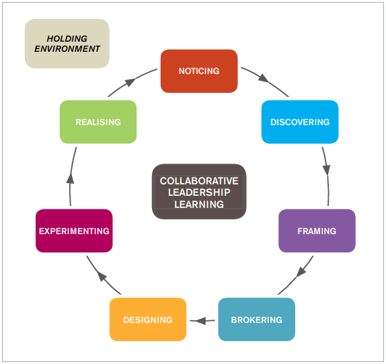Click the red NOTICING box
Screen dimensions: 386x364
pos(199,71)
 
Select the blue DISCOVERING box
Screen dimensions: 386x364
pos(300,122)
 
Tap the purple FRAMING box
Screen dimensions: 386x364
pos(317,231)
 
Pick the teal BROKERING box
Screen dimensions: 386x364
pos(256,320)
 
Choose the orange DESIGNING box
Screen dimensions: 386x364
pos(148,320)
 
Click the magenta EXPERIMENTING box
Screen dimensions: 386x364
pos(74,231)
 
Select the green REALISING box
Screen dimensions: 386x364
pos(98,122)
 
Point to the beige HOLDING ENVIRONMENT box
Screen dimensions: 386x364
pos(67,44)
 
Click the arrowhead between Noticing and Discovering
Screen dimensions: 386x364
pos(264,78)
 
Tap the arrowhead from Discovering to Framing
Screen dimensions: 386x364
pos(326,170)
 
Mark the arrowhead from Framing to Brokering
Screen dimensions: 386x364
pos(301,272)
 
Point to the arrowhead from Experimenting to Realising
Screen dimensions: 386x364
pos(71,178)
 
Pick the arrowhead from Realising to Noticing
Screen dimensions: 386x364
pos(130,82)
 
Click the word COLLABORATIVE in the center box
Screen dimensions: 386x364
pos(199,181)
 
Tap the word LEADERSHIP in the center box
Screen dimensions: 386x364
pos(199,192)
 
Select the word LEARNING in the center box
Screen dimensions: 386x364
pos(199,204)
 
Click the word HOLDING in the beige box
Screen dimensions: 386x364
pos(67,38)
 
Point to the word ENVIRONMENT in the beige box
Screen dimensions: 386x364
pos(67,48)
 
